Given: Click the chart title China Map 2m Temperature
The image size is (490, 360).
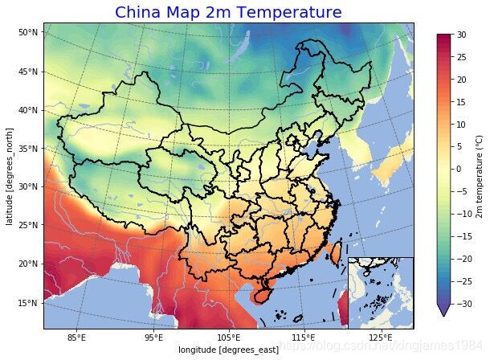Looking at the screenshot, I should (x=227, y=12).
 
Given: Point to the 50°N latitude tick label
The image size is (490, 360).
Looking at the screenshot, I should (x=28, y=32).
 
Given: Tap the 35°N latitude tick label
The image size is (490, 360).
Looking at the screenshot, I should (x=28, y=149).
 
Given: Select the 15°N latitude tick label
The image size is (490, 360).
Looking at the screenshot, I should (x=28, y=303).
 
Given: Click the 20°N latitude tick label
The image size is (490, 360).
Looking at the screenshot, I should (x=28, y=264).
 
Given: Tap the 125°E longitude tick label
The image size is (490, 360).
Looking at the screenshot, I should (x=381, y=337).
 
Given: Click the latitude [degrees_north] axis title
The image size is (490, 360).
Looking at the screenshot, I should (x=10, y=176).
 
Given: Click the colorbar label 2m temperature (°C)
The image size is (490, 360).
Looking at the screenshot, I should (x=480, y=169).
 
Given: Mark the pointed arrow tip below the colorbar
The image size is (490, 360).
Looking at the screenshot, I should (x=443, y=314).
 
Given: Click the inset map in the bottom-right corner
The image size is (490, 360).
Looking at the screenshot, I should (x=381, y=292).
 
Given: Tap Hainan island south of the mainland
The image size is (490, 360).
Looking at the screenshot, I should (x=259, y=295).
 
